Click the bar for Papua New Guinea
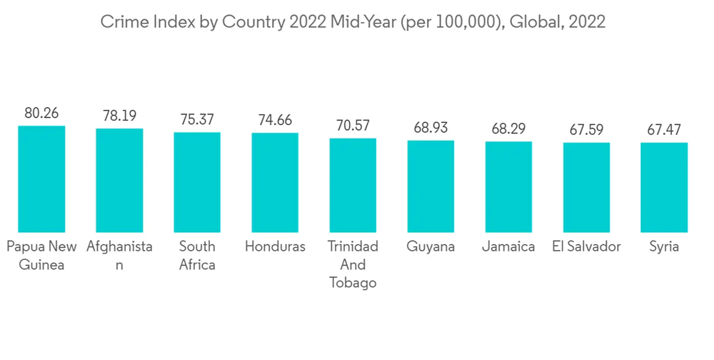tap(41, 179)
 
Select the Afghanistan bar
tap(119, 180)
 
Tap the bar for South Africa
tap(197, 182)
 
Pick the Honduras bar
tap(275, 182)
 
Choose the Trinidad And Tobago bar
tap(353, 185)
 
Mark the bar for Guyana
tap(431, 186)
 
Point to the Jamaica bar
tap(508, 186)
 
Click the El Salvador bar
tap(586, 187)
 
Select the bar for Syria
tap(664, 187)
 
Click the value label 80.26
tap(41, 113)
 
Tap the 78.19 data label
tap(119, 116)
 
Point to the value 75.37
tap(197, 119)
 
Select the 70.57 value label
tap(353, 126)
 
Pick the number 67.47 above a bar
tap(664, 130)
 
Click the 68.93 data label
tap(431, 128)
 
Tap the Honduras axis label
tap(275, 246)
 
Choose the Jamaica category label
tap(508, 246)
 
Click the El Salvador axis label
tap(586, 246)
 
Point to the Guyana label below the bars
tap(431, 246)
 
